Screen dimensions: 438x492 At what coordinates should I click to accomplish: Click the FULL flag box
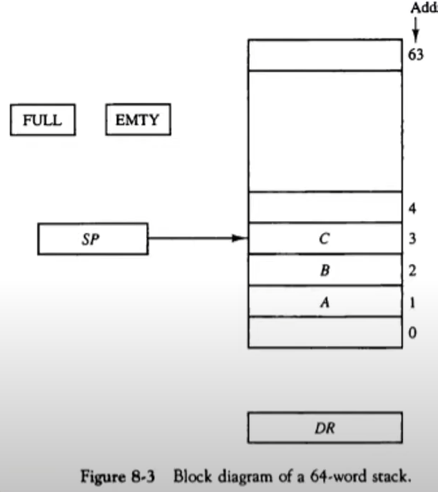[x=43, y=120]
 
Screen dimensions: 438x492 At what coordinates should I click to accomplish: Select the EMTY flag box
[x=138, y=120]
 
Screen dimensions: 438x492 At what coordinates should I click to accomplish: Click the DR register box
[x=325, y=428]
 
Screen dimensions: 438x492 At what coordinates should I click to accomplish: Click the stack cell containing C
[x=325, y=239]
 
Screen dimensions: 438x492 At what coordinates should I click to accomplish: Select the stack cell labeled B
[x=325, y=270]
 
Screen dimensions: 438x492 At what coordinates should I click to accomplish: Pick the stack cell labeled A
[x=325, y=302]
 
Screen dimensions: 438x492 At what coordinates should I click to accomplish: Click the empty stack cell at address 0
[x=325, y=332]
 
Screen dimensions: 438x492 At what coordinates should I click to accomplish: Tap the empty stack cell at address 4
[x=325, y=207]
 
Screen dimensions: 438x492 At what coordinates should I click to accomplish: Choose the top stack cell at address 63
[x=325, y=55]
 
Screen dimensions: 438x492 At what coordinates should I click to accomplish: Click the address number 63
[x=416, y=56]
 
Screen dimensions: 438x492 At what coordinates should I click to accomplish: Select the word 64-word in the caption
[x=342, y=473]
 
